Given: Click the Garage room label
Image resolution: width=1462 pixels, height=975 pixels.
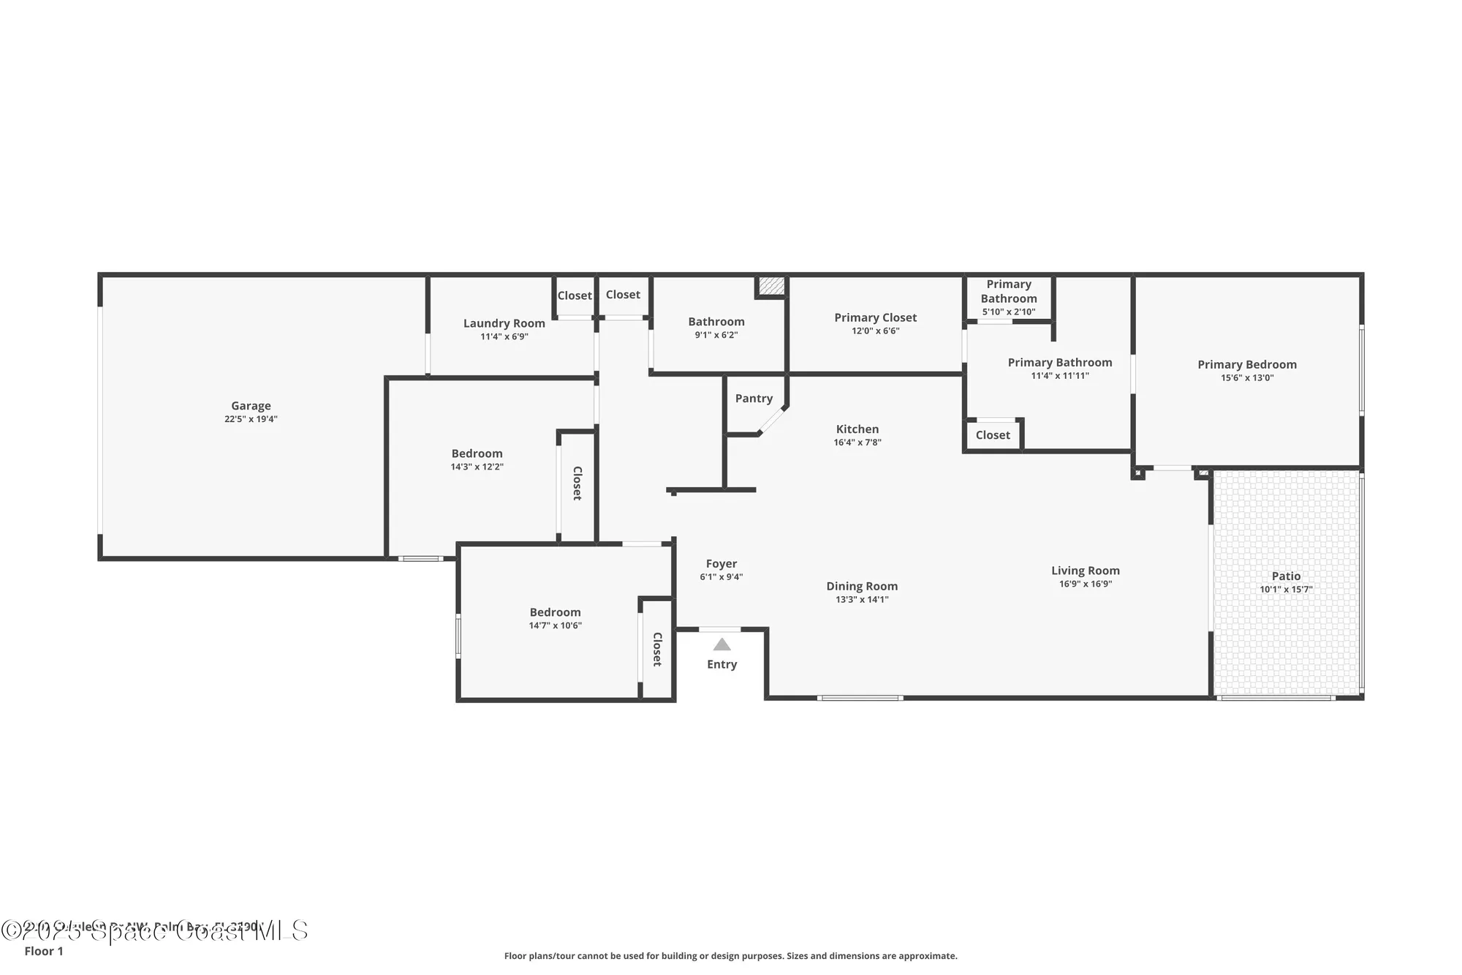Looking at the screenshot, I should point(251,405).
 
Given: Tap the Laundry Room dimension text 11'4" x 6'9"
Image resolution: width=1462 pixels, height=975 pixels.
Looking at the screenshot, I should point(504,336).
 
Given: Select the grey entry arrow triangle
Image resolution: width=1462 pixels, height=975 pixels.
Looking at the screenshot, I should point(721,644).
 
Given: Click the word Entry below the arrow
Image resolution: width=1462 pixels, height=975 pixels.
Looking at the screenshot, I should point(721,664).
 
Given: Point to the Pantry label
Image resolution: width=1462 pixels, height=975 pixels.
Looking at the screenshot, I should point(754,398).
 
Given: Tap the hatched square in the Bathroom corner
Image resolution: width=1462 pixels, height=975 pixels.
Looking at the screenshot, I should point(770,285).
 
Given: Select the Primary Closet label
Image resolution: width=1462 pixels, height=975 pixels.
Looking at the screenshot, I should point(875,317).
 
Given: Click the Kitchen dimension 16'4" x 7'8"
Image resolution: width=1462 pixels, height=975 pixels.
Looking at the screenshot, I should point(857,443).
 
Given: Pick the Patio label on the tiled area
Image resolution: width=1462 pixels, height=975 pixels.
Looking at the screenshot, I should point(1286,576).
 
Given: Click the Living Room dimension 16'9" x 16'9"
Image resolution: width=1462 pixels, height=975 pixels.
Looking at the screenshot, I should point(1086,584).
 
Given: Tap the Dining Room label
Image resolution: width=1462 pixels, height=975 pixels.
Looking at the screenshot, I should point(862,586).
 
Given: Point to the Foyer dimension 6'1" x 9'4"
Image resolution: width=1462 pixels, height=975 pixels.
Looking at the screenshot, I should point(721,577).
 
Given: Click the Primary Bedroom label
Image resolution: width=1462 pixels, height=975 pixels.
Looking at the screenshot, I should point(1247,364).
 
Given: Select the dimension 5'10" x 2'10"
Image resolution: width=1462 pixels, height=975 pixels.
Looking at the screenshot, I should point(1009,312).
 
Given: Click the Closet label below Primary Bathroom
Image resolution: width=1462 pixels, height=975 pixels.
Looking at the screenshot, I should point(993,434).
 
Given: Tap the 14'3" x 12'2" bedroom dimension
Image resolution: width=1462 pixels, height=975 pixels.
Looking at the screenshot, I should point(477,467).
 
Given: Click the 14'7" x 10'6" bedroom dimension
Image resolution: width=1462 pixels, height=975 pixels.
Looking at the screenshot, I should point(555,625).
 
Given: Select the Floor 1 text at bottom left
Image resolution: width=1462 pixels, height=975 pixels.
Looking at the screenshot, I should point(44,951).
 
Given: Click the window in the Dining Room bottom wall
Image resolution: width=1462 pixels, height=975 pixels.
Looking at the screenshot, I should point(860,698).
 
